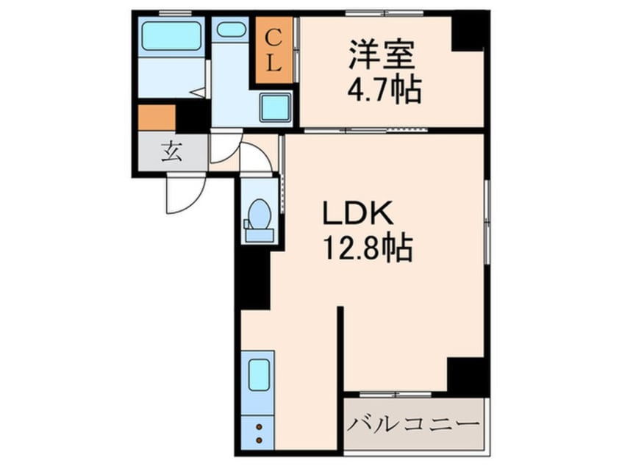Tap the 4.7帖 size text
[x=383, y=90]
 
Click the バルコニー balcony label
[x=415, y=425]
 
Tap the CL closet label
[x=273, y=49]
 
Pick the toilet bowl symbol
[x=258, y=215]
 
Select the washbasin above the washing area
[x=232, y=30]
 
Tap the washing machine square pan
[x=276, y=109]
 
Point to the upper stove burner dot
[x=259, y=426]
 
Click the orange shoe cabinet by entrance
[x=156, y=118]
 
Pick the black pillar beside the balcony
[x=467, y=375]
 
